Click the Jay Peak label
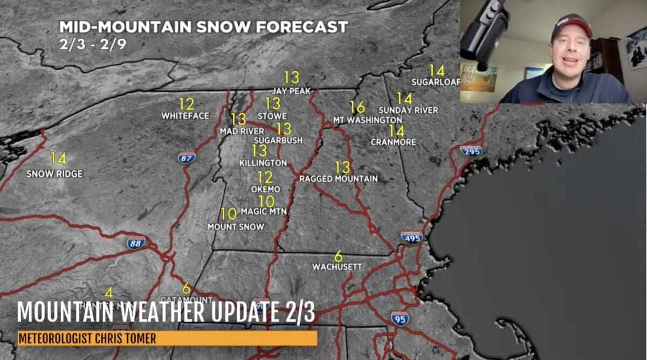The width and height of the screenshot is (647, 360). pos(291,91)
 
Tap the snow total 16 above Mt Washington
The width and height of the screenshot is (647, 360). pos(357,107)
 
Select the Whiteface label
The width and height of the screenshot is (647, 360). pos(178,116)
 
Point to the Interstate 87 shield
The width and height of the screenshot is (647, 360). pos(187,157)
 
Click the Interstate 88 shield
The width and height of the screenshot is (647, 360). pos(136,243)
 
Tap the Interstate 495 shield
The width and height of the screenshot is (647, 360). pos(411,238)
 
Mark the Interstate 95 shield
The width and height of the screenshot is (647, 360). pos(400,319)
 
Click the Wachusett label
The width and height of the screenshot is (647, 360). pos(337,267)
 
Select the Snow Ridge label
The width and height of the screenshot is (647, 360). pos(54,174)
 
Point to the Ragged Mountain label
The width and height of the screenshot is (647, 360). pos(339,178)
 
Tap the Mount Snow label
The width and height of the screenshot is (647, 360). pos(236,227)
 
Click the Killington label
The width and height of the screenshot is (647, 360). pos(263,163)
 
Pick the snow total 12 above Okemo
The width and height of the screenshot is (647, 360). pos(265,177)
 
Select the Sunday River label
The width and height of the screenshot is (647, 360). pos(408,110)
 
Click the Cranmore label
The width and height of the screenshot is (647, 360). pos(394,142)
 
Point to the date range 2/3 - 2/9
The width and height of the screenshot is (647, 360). pos(93,44)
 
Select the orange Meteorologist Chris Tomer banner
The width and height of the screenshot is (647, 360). pos(167,338)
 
